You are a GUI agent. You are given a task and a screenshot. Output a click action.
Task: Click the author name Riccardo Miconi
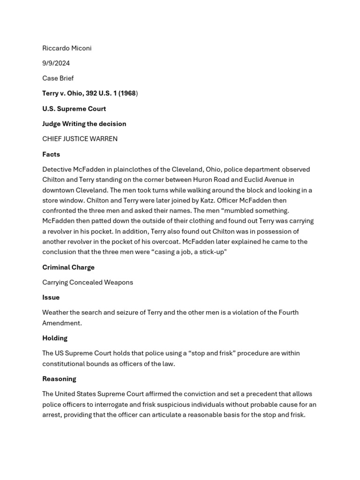pyautogui.click(x=67, y=48)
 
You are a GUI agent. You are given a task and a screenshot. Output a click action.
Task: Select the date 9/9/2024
pyautogui.click(x=56, y=63)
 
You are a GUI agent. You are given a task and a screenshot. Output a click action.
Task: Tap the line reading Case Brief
pyautogui.click(x=58, y=78)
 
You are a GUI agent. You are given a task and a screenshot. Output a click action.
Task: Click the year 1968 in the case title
pyautogui.click(x=127, y=93)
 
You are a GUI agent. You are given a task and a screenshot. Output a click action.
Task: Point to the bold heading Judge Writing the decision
pyautogui.click(x=84, y=124)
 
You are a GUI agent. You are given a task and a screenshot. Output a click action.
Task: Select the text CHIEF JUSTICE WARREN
pyautogui.click(x=80, y=139)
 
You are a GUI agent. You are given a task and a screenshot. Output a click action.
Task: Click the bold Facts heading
pyautogui.click(x=51, y=154)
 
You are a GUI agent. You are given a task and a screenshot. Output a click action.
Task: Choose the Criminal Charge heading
pyautogui.click(x=68, y=267)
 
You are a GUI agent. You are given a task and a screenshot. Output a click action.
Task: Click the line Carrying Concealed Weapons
pyautogui.click(x=88, y=282)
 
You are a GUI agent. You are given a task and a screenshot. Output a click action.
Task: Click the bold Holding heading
pyautogui.click(x=55, y=338)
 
